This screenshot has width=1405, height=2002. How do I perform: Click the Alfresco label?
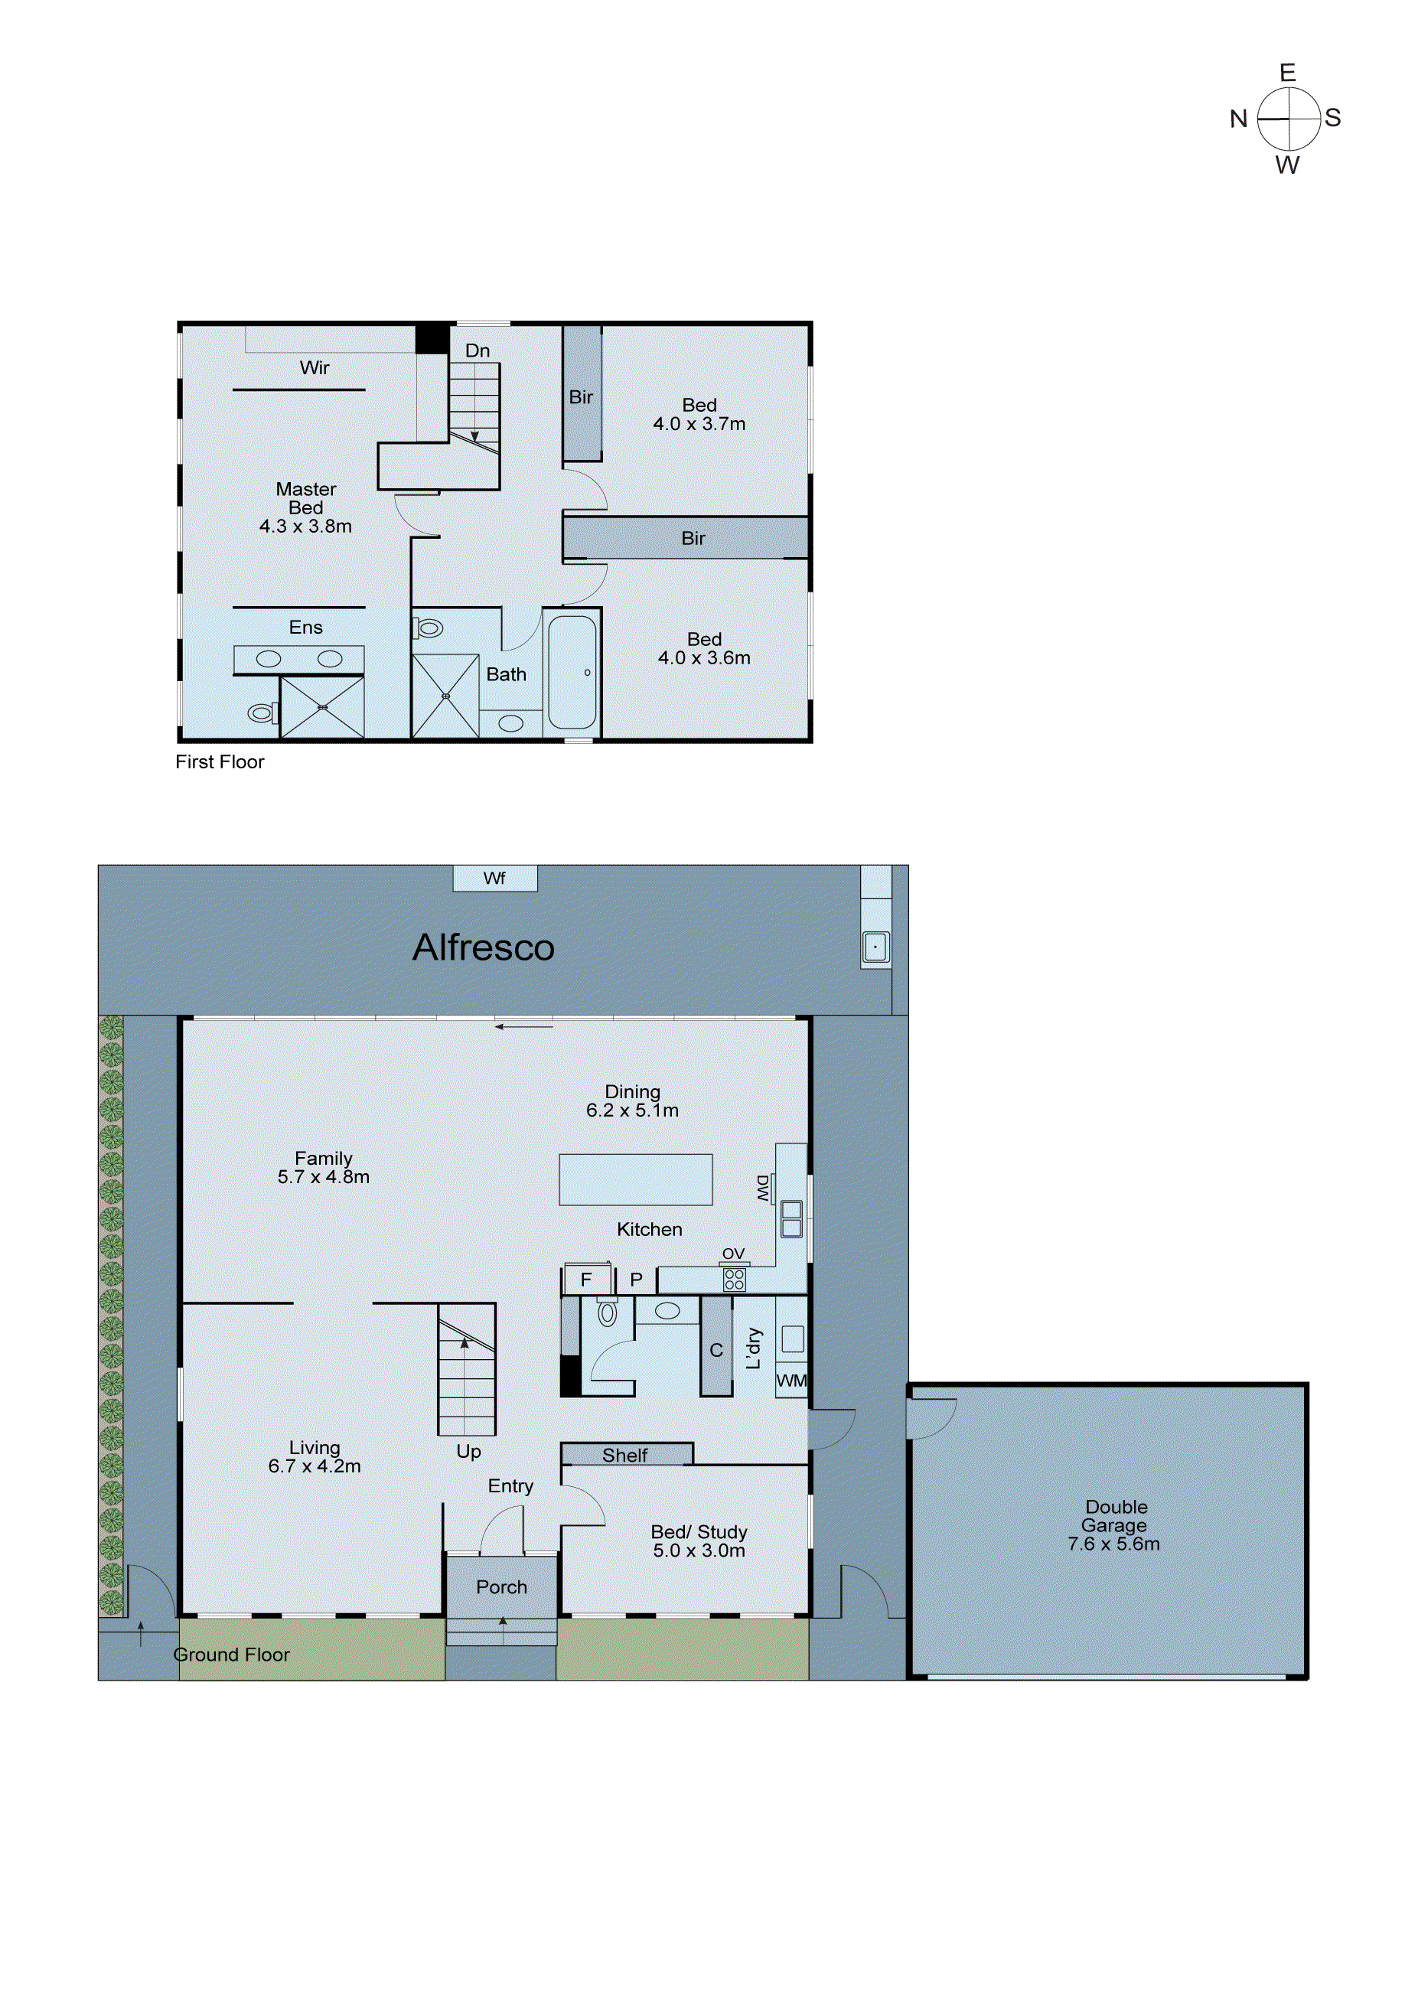(x=483, y=947)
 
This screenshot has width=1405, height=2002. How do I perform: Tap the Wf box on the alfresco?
(x=494, y=878)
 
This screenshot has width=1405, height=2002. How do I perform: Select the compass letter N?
(x=1238, y=119)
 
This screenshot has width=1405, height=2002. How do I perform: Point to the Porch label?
(x=501, y=1587)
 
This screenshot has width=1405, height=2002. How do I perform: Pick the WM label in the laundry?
(x=791, y=1381)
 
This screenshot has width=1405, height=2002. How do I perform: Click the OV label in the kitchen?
(x=733, y=1253)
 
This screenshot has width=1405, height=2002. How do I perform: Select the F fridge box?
(x=586, y=1279)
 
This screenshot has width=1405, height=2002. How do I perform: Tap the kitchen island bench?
(x=636, y=1180)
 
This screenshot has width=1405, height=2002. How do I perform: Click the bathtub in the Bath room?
(x=573, y=672)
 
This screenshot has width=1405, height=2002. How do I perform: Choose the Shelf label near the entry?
(x=624, y=1456)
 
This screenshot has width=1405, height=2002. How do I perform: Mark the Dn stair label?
(x=477, y=351)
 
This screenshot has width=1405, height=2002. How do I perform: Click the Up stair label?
(x=468, y=1451)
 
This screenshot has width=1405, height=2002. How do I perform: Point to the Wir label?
(x=314, y=368)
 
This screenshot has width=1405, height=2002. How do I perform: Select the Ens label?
(x=305, y=627)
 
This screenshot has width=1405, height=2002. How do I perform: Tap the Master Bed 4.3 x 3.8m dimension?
(x=305, y=526)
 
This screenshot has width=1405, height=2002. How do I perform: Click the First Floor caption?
(x=220, y=761)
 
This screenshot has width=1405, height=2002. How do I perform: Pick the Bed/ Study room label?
(x=699, y=1532)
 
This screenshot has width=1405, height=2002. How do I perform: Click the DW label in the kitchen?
(x=763, y=1188)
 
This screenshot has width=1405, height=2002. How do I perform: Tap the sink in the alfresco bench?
(x=875, y=947)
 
